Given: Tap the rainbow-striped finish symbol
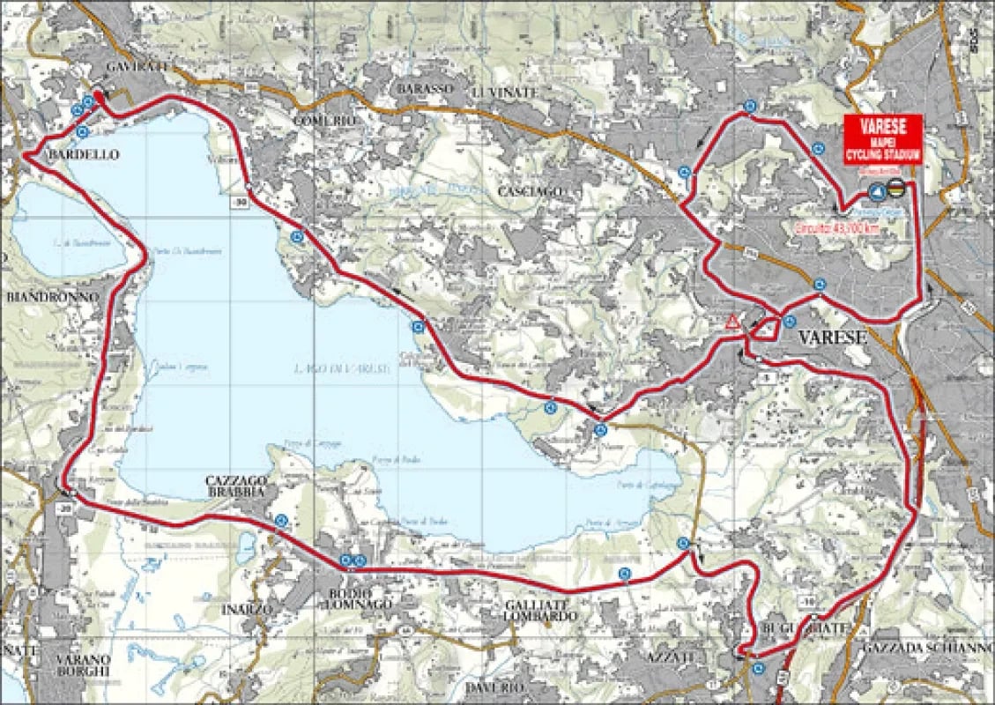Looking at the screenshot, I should (896, 188).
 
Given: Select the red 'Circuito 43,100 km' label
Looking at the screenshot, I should (835, 227).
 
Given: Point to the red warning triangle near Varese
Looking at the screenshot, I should (731, 322).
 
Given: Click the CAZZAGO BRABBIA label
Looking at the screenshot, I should (235, 486).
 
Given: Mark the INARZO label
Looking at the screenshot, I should (248, 608).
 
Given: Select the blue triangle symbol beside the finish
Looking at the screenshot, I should (877, 190).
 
